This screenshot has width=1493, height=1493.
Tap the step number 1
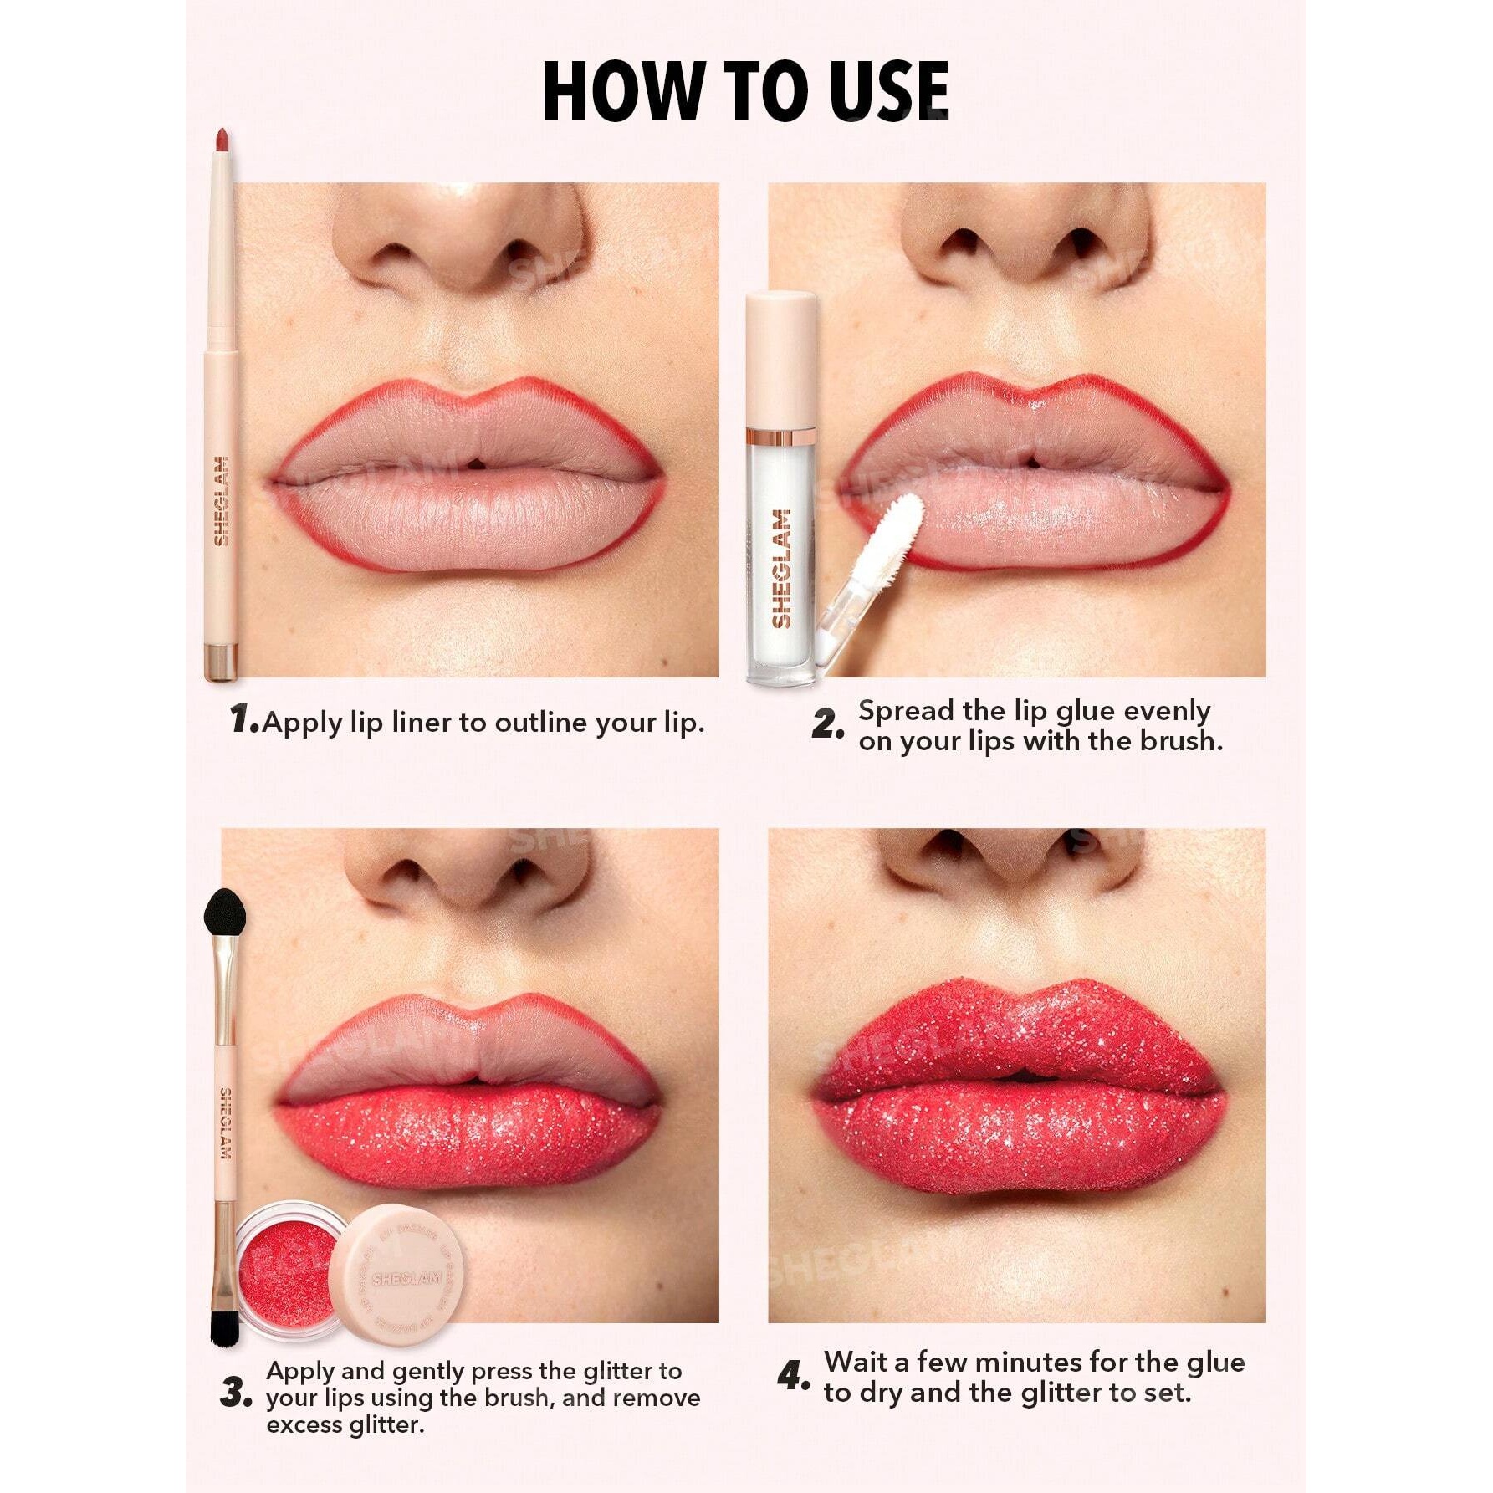(243, 719)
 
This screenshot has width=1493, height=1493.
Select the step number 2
(827, 724)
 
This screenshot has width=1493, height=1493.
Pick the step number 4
(793, 1376)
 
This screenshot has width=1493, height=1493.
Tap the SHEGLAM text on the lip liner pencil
(222, 501)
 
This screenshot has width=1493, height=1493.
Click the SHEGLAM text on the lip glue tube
(781, 569)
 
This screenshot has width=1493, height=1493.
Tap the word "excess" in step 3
(302, 1425)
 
